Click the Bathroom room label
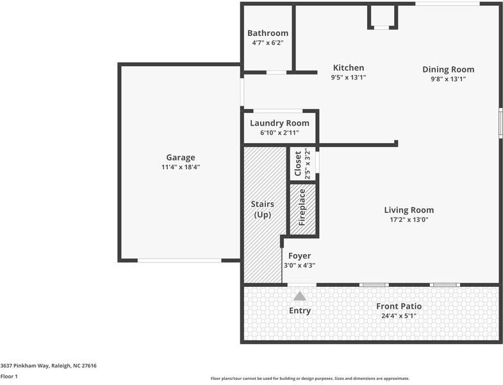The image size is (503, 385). point(268,33)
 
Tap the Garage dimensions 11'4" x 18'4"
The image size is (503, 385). point(181,167)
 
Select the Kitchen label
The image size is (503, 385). point(349,68)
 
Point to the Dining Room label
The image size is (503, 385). point(448,70)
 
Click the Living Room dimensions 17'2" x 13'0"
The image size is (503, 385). point(409,220)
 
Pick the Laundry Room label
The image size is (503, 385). point(280,123)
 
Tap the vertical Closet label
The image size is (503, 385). point(298,164)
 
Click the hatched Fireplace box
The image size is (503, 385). point(303,209)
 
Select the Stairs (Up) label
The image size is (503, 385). point(263,209)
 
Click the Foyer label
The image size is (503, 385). point(300,256)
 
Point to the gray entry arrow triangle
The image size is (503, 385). point(300,296)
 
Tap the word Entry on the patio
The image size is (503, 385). point(300,311)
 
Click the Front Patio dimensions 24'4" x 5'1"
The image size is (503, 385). point(399,316)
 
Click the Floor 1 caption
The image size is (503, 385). point(9,376)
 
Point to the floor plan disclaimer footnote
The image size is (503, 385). point(310,379)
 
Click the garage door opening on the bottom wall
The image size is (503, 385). point(179,261)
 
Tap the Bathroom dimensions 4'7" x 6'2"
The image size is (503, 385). point(268,43)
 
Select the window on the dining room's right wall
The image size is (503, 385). point(500,123)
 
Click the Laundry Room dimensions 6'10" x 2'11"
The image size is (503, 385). point(280,133)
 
